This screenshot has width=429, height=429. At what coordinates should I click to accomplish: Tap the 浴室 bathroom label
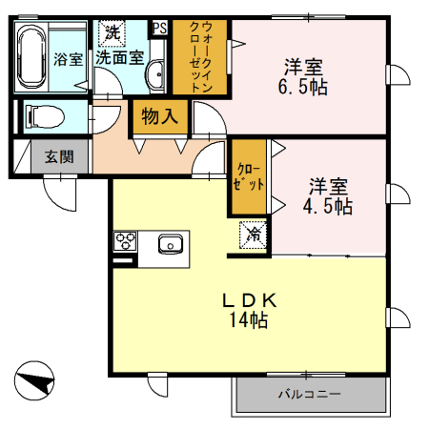(68, 58)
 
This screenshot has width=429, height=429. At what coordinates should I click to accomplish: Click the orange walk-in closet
(200, 57)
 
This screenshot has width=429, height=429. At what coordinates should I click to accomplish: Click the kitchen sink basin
(170, 241)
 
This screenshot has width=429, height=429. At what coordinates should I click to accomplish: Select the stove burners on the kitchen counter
(125, 239)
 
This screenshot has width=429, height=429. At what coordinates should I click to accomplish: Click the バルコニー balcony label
(309, 393)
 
